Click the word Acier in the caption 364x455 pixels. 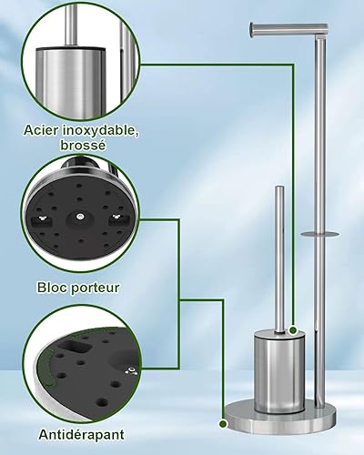tap(41, 130)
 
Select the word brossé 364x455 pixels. tap(83, 146)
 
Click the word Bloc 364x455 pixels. tap(51, 288)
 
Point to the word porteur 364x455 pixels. tap(95, 288)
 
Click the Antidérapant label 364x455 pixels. tap(81, 435)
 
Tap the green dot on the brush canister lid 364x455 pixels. tap(293, 330)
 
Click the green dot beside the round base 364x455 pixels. tap(223, 424)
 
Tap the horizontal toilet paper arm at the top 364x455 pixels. tap(288, 29)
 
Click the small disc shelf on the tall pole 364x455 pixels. tap(320, 234)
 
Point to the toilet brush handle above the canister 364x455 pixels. tap(279, 259)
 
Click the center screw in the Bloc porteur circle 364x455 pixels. tap(80, 217)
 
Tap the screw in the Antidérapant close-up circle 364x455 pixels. tap(132, 370)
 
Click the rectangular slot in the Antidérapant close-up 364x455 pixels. tap(76, 347)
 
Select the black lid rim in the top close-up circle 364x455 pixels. tap(70, 48)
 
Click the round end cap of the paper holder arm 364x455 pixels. tap(252, 30)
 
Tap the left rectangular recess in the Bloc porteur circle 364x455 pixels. tap(43, 220)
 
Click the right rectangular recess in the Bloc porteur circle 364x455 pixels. tap(116, 219)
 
